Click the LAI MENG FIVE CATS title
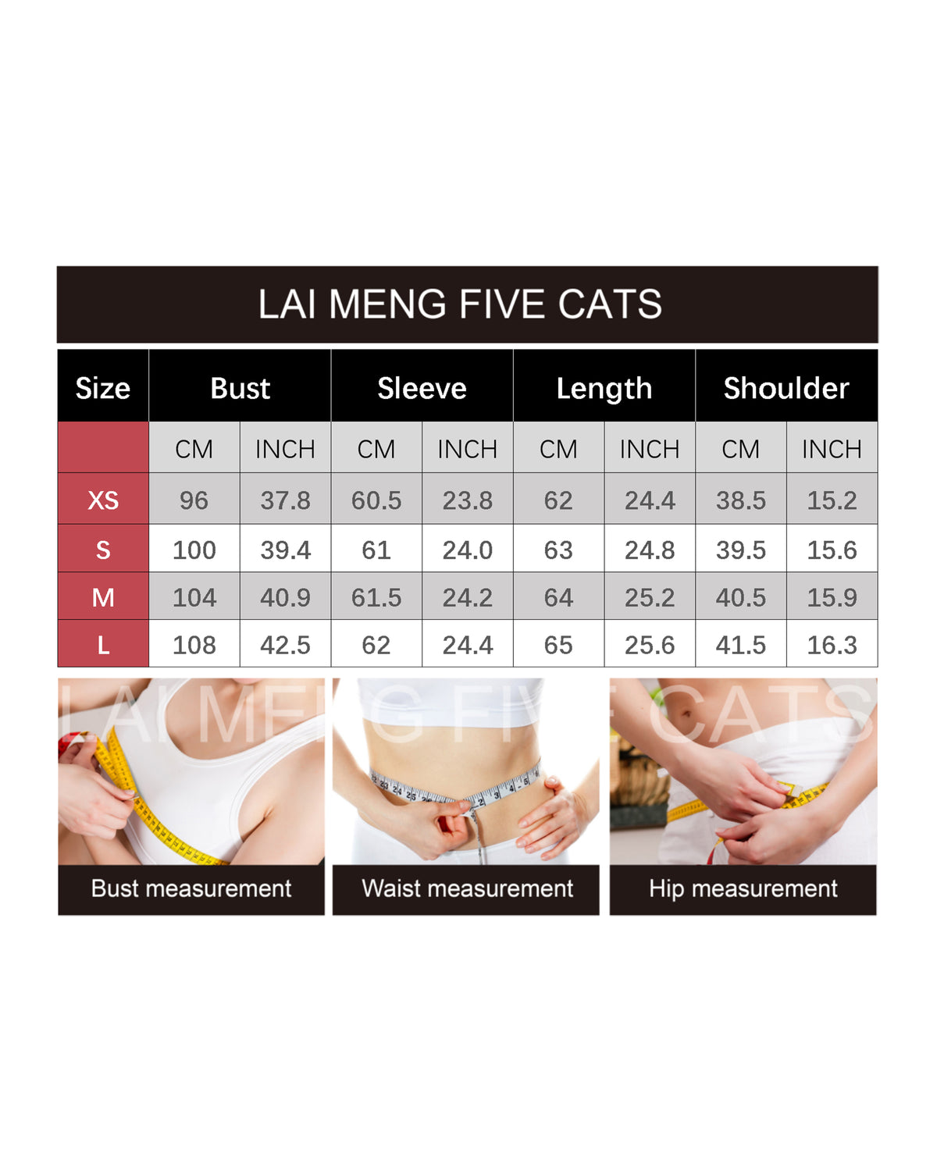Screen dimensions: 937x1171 point(460,304)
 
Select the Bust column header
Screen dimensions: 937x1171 point(240,389)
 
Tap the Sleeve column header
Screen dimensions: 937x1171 point(422,389)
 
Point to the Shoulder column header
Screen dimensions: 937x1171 point(786,389)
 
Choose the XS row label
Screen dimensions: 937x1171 point(103,500)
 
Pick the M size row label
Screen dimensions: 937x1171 point(103,597)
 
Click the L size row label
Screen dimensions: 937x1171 point(103,646)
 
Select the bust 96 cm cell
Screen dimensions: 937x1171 point(194,500)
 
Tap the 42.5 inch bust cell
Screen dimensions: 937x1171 point(285,646)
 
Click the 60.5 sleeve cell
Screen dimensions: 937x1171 point(376,500)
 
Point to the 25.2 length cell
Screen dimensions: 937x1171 point(650,597)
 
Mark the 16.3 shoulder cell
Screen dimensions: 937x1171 point(832,646)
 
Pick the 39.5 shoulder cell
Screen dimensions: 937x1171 point(740,550)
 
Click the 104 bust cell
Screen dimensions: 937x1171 point(194,597)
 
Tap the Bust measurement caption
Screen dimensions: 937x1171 point(191,888)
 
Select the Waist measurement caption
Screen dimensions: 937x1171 point(467,888)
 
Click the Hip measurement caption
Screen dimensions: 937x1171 point(743,889)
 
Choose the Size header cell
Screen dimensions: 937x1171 point(103,389)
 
